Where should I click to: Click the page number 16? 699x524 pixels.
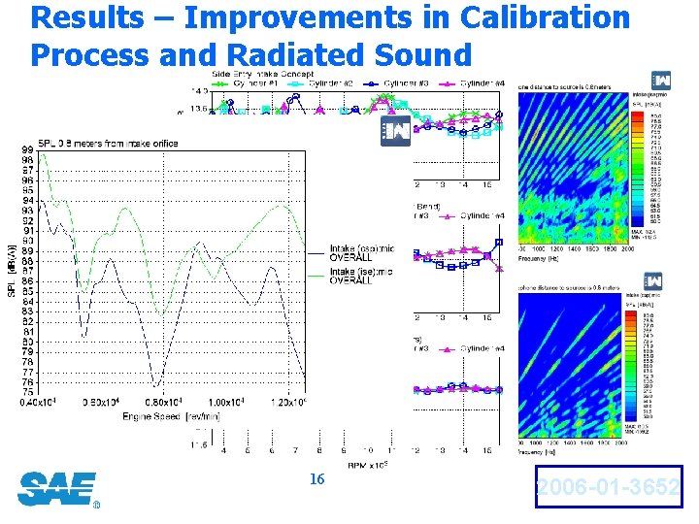[316, 478]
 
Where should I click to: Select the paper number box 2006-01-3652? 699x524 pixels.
[608, 488]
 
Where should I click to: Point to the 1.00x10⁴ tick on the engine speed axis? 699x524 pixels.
[227, 403]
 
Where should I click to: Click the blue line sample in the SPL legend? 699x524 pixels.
[316, 253]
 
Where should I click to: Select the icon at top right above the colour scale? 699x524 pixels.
[662, 80]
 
